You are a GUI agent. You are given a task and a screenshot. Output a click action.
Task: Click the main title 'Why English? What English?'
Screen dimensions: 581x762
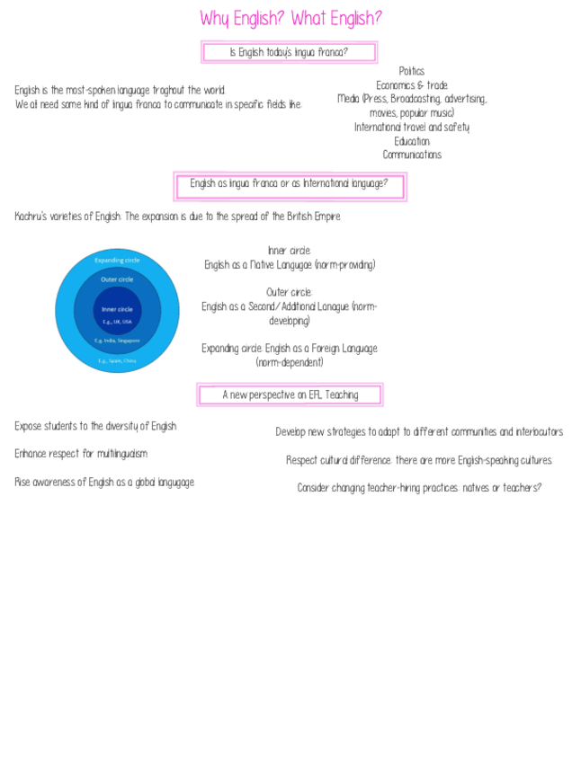click(x=290, y=18)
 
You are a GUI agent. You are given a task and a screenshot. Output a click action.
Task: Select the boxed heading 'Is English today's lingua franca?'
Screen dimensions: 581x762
click(x=289, y=52)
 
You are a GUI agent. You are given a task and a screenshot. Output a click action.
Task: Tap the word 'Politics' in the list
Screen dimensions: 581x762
click(x=411, y=71)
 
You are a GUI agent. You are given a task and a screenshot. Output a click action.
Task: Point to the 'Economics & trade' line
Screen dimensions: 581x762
click(x=411, y=85)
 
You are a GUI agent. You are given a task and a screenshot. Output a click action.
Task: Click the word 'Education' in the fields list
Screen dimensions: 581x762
click(x=411, y=141)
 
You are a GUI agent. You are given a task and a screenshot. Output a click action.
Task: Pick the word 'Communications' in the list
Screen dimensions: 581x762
click(x=411, y=155)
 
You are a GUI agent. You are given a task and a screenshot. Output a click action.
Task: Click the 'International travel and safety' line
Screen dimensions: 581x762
click(x=411, y=127)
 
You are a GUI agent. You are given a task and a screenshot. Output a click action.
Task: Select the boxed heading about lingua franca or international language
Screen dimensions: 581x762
click(x=289, y=183)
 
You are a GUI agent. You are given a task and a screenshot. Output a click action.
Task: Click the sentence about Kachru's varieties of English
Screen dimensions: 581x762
click(x=178, y=217)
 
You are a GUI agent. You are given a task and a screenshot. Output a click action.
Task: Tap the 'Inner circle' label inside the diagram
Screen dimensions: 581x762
click(x=117, y=309)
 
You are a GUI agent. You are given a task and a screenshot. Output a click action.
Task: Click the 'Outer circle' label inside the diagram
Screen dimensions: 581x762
click(x=117, y=279)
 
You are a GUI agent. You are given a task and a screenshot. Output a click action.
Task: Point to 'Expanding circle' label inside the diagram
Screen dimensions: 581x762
click(x=117, y=260)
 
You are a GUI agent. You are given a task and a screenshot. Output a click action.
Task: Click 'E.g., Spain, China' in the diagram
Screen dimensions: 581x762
click(x=117, y=360)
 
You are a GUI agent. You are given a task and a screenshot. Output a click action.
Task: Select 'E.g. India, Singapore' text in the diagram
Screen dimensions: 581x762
click(x=117, y=341)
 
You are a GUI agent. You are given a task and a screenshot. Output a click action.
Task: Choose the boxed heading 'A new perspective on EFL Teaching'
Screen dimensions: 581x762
click(x=290, y=394)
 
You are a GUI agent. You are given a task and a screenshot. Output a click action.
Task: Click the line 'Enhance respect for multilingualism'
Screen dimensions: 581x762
click(x=81, y=454)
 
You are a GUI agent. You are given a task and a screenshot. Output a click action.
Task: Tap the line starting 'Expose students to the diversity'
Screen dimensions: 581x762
click(x=95, y=426)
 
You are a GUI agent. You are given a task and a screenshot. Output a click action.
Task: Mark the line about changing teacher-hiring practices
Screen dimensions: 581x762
click(x=419, y=488)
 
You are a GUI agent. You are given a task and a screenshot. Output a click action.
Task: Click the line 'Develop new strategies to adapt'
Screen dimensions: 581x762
click(x=419, y=432)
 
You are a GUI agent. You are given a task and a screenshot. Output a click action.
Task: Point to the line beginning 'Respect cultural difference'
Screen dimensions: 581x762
click(x=419, y=460)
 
